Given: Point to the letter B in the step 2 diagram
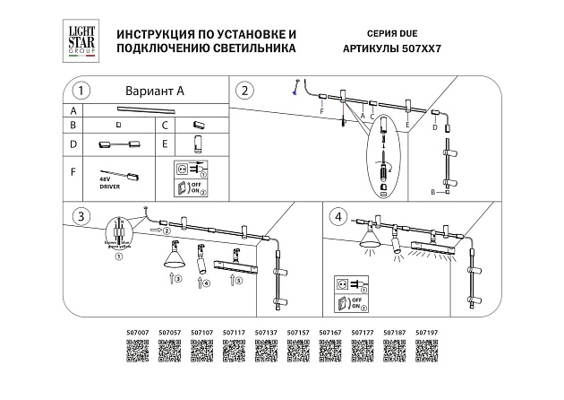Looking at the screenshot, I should point(432,193).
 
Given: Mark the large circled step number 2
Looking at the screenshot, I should point(247,91).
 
